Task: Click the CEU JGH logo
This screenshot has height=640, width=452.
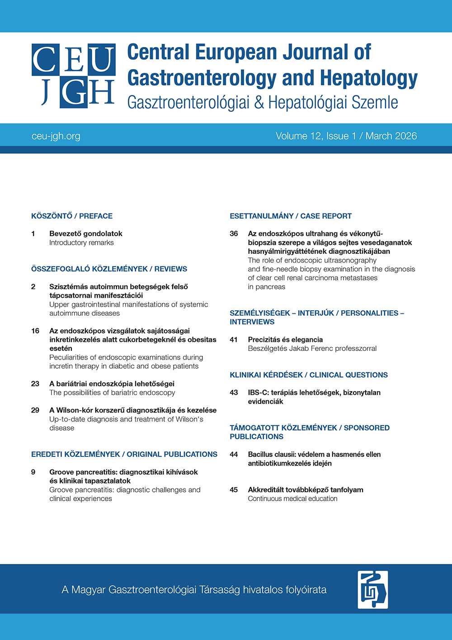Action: [x=74, y=76]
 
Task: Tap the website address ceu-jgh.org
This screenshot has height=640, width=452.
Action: [x=56, y=136]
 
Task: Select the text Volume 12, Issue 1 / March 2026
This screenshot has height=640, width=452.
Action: [x=346, y=136]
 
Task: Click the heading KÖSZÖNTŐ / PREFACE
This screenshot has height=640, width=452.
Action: [x=72, y=216]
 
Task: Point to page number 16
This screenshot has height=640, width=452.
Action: [x=35, y=331]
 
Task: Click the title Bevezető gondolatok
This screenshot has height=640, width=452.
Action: [x=86, y=234]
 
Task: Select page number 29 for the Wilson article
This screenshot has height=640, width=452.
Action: [x=35, y=410]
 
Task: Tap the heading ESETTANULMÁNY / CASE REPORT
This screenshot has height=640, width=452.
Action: [x=291, y=216]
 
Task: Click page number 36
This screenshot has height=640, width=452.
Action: [x=234, y=234]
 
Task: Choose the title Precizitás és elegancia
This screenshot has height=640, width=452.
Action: [x=285, y=340]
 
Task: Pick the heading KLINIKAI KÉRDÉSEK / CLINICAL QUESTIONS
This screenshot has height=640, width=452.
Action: [x=309, y=375]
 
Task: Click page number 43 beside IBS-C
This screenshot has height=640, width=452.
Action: [x=234, y=393]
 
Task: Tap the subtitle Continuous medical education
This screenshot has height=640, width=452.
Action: [x=292, y=499]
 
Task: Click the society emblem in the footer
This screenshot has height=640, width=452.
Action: [x=372, y=589]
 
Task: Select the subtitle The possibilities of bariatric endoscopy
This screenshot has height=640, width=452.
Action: [x=112, y=393]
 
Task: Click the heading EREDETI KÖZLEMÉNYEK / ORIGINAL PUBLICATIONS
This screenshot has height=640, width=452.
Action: [x=124, y=455]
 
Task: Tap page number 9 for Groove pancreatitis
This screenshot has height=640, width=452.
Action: [x=33, y=472]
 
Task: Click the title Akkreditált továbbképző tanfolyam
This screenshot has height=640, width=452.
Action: [x=306, y=490]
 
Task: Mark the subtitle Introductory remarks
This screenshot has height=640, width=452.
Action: [x=81, y=243]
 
